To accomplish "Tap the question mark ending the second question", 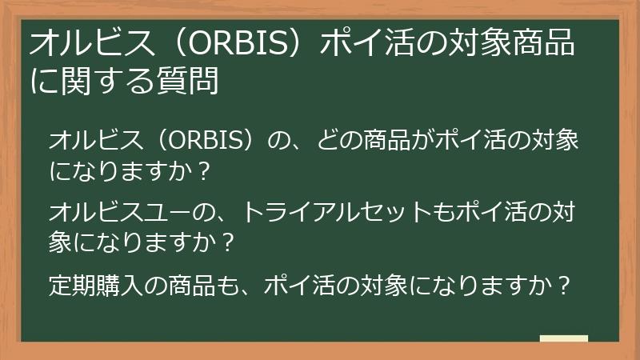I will tap(227, 241).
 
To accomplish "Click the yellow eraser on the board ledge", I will tap(563, 338).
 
